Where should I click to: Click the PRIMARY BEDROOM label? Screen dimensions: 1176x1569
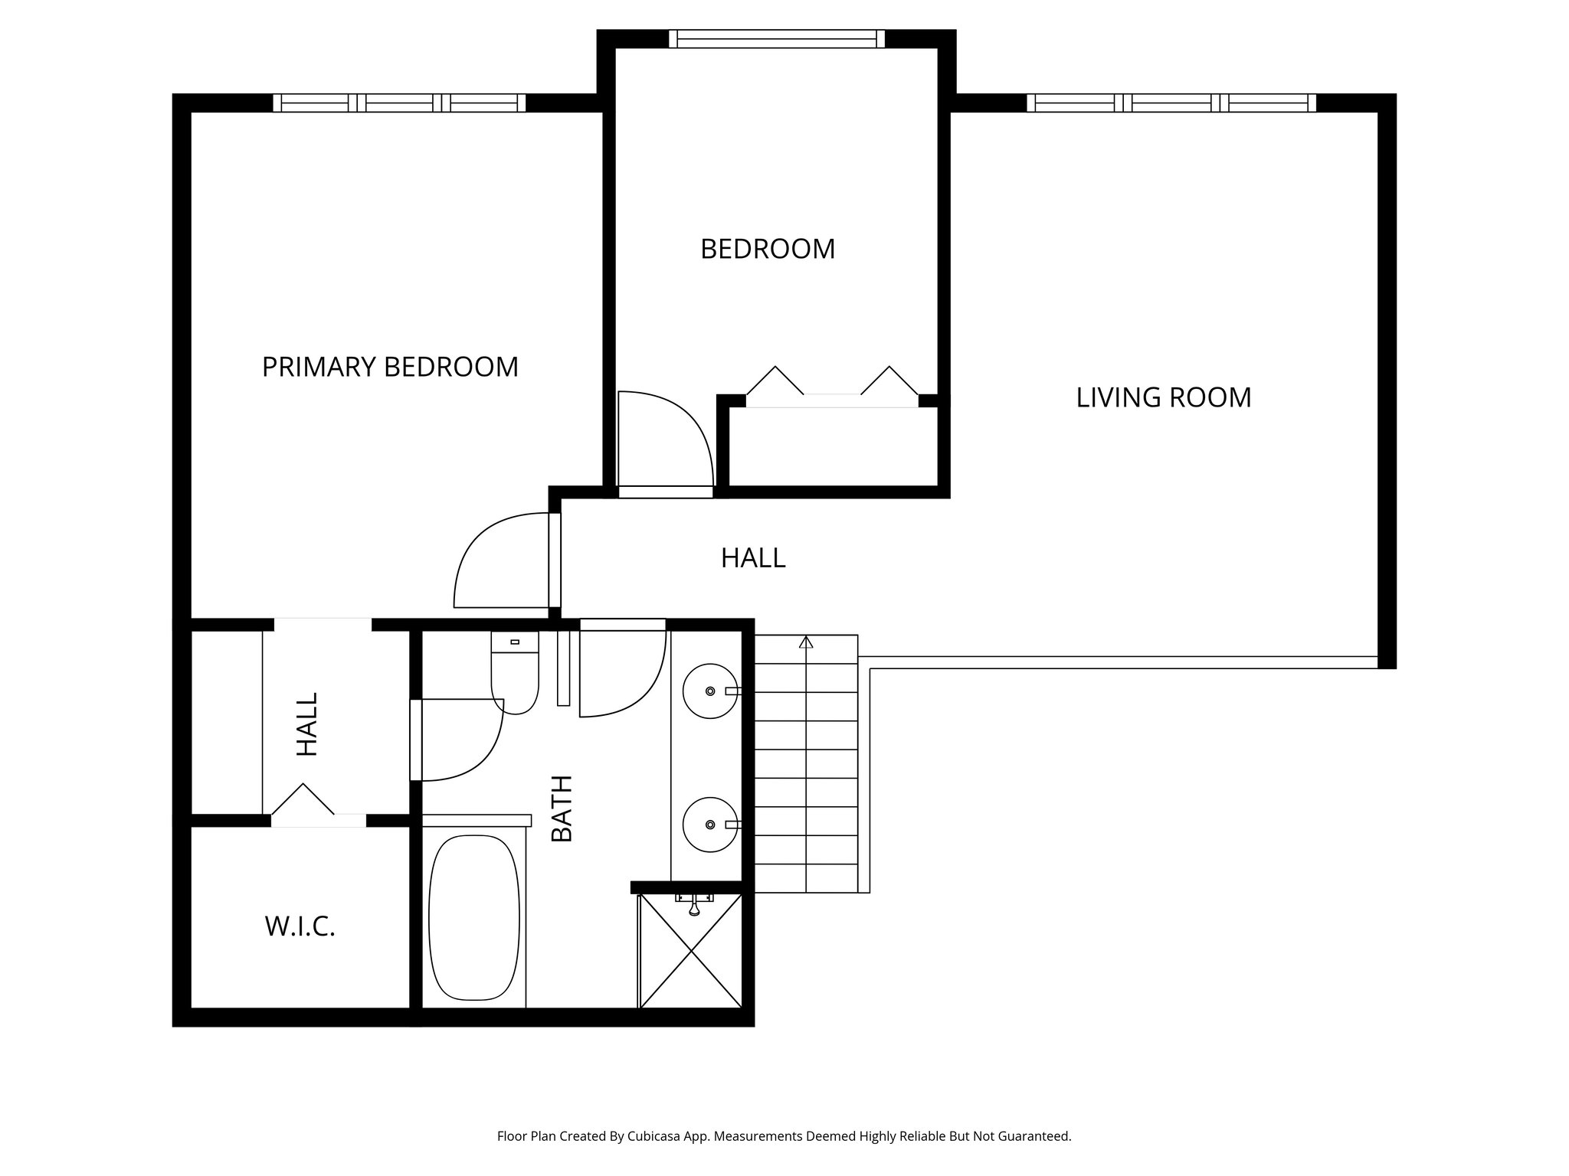390,367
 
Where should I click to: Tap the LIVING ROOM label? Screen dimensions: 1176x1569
1163,398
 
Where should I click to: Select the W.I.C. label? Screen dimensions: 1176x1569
300,927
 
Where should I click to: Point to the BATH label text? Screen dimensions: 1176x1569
563,808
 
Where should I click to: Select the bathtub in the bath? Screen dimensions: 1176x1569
474,917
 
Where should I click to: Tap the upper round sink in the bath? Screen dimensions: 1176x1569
709,691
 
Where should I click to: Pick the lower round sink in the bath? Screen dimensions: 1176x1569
709,825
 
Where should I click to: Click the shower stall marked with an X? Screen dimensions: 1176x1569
691,952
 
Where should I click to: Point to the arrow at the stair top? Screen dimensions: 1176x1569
806,642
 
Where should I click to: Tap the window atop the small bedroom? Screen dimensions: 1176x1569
776,39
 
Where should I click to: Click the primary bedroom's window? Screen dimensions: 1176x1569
399,103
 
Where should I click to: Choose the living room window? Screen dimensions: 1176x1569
1171,103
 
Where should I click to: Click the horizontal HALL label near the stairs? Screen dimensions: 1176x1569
753,558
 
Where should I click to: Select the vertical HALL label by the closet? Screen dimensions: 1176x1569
307,724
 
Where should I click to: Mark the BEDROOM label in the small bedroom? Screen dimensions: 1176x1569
768,250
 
